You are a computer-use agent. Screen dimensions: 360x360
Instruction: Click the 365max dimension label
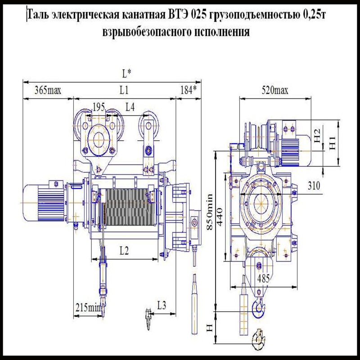[x=48, y=90]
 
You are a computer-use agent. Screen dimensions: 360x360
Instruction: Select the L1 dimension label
[x=124, y=90]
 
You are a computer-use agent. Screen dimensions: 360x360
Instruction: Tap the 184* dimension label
[x=188, y=90]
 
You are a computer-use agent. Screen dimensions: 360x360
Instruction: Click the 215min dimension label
[x=88, y=308]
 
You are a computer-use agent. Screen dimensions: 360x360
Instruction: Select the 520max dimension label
[x=275, y=90]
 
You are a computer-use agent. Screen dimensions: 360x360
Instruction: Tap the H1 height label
[x=333, y=143]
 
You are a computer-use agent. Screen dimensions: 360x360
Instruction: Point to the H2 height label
[x=318, y=135]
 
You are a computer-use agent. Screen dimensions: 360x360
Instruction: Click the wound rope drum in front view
[x=126, y=207]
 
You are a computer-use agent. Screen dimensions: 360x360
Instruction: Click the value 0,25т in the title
[x=313, y=15]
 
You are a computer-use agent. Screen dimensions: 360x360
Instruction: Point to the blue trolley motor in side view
[x=293, y=141]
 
